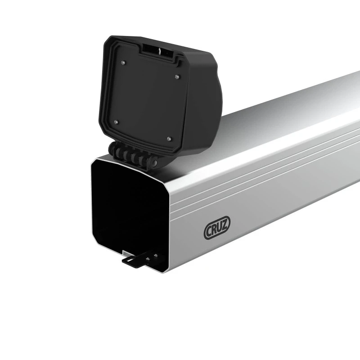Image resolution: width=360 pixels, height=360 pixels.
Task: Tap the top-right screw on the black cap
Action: [177, 76]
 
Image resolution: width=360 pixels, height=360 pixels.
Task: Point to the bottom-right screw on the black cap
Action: [169, 139]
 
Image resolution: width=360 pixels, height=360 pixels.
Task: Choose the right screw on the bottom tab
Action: [156, 255]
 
